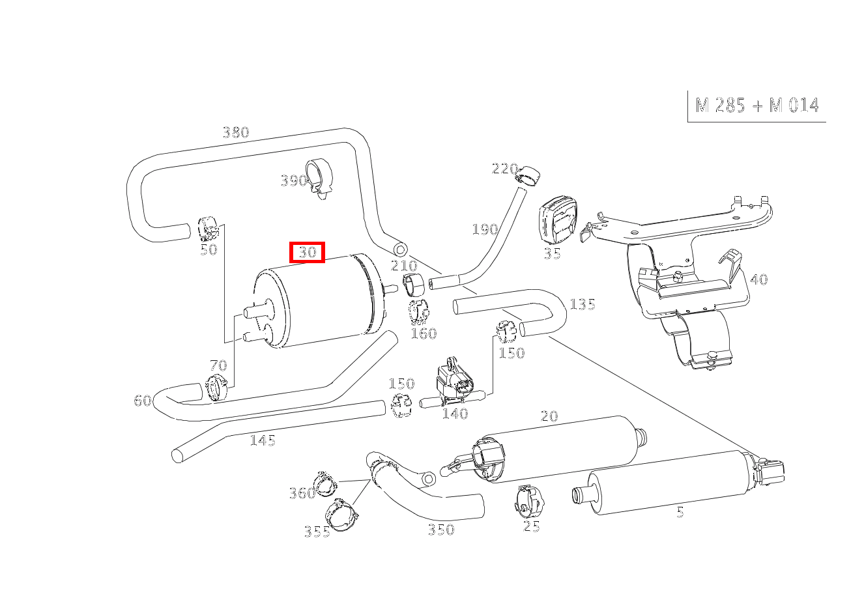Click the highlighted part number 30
point(307,252)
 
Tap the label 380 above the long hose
point(235,132)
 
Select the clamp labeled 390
point(320,177)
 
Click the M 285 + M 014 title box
point(757,106)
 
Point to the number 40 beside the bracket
point(759,279)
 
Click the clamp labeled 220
point(528,174)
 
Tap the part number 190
point(484,229)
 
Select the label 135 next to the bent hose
point(582,304)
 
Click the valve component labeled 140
point(456,383)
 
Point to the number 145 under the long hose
point(263,441)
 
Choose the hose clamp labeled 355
point(343,513)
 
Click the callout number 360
point(302,493)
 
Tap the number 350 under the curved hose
point(440,530)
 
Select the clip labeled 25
point(528,500)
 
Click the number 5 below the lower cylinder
point(680,513)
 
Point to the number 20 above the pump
point(549,416)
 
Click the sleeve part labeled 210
point(414,284)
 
